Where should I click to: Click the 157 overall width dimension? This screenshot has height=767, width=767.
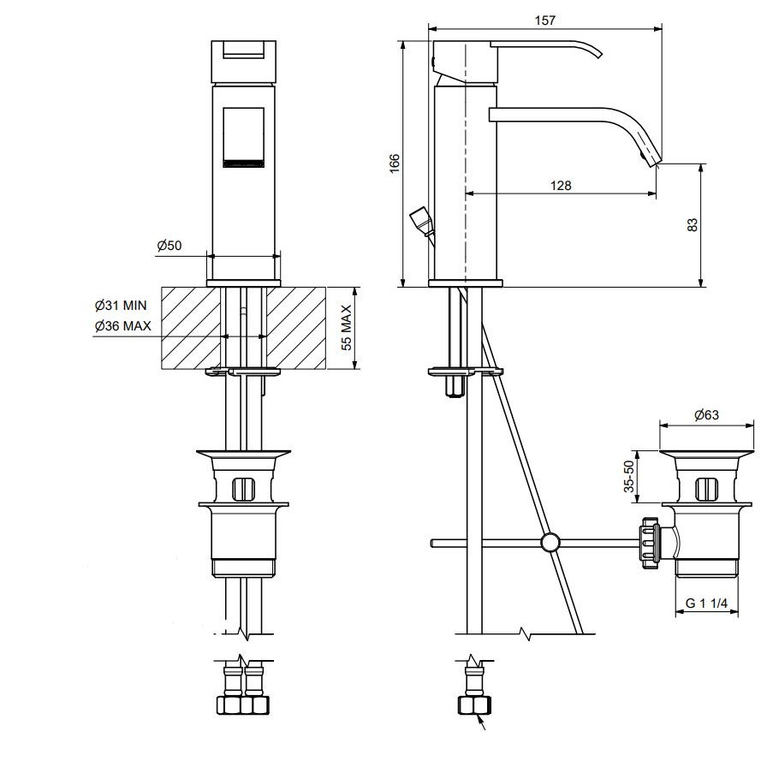[x=545, y=20]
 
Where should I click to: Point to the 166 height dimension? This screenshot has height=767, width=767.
[x=395, y=163]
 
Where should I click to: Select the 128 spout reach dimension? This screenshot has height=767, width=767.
[x=561, y=186]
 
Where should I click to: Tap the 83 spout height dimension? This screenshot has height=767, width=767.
[x=693, y=224]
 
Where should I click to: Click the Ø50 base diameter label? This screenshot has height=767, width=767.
[x=169, y=245]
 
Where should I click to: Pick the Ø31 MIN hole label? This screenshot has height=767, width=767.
[x=121, y=306]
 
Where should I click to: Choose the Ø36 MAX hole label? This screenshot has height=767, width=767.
[x=123, y=326]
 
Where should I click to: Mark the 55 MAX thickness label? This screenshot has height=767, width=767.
[x=347, y=327]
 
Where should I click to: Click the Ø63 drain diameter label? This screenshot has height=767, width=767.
[x=706, y=415]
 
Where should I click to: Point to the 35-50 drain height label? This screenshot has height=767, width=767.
[x=628, y=476]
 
